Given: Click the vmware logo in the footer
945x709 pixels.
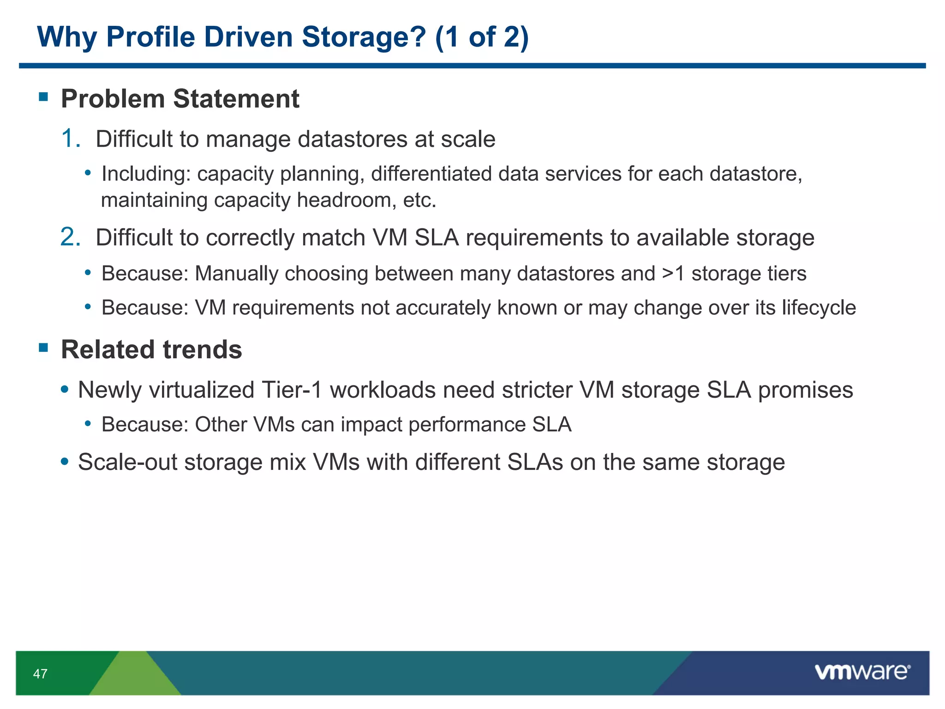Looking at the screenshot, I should pos(862,672).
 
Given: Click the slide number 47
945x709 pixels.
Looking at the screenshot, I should pos(40,674).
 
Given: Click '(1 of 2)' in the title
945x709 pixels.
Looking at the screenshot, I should pos(482,37).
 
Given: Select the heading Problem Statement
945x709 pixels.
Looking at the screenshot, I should pos(180,99).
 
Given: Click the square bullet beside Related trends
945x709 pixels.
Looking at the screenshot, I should pos(44,348).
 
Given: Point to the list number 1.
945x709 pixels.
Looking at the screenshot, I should pos(70,138).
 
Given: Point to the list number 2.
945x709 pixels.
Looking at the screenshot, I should pos(71,237).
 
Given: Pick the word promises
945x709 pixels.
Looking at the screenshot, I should pos(806,390).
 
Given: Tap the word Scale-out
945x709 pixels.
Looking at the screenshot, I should pos(127,462).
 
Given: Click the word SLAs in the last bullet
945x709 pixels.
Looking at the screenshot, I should pos(535,462).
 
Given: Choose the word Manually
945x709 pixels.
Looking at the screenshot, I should pos(236,273).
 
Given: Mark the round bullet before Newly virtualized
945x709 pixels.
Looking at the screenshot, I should pos(65,390).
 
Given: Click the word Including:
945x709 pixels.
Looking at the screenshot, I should pos(146,174).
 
